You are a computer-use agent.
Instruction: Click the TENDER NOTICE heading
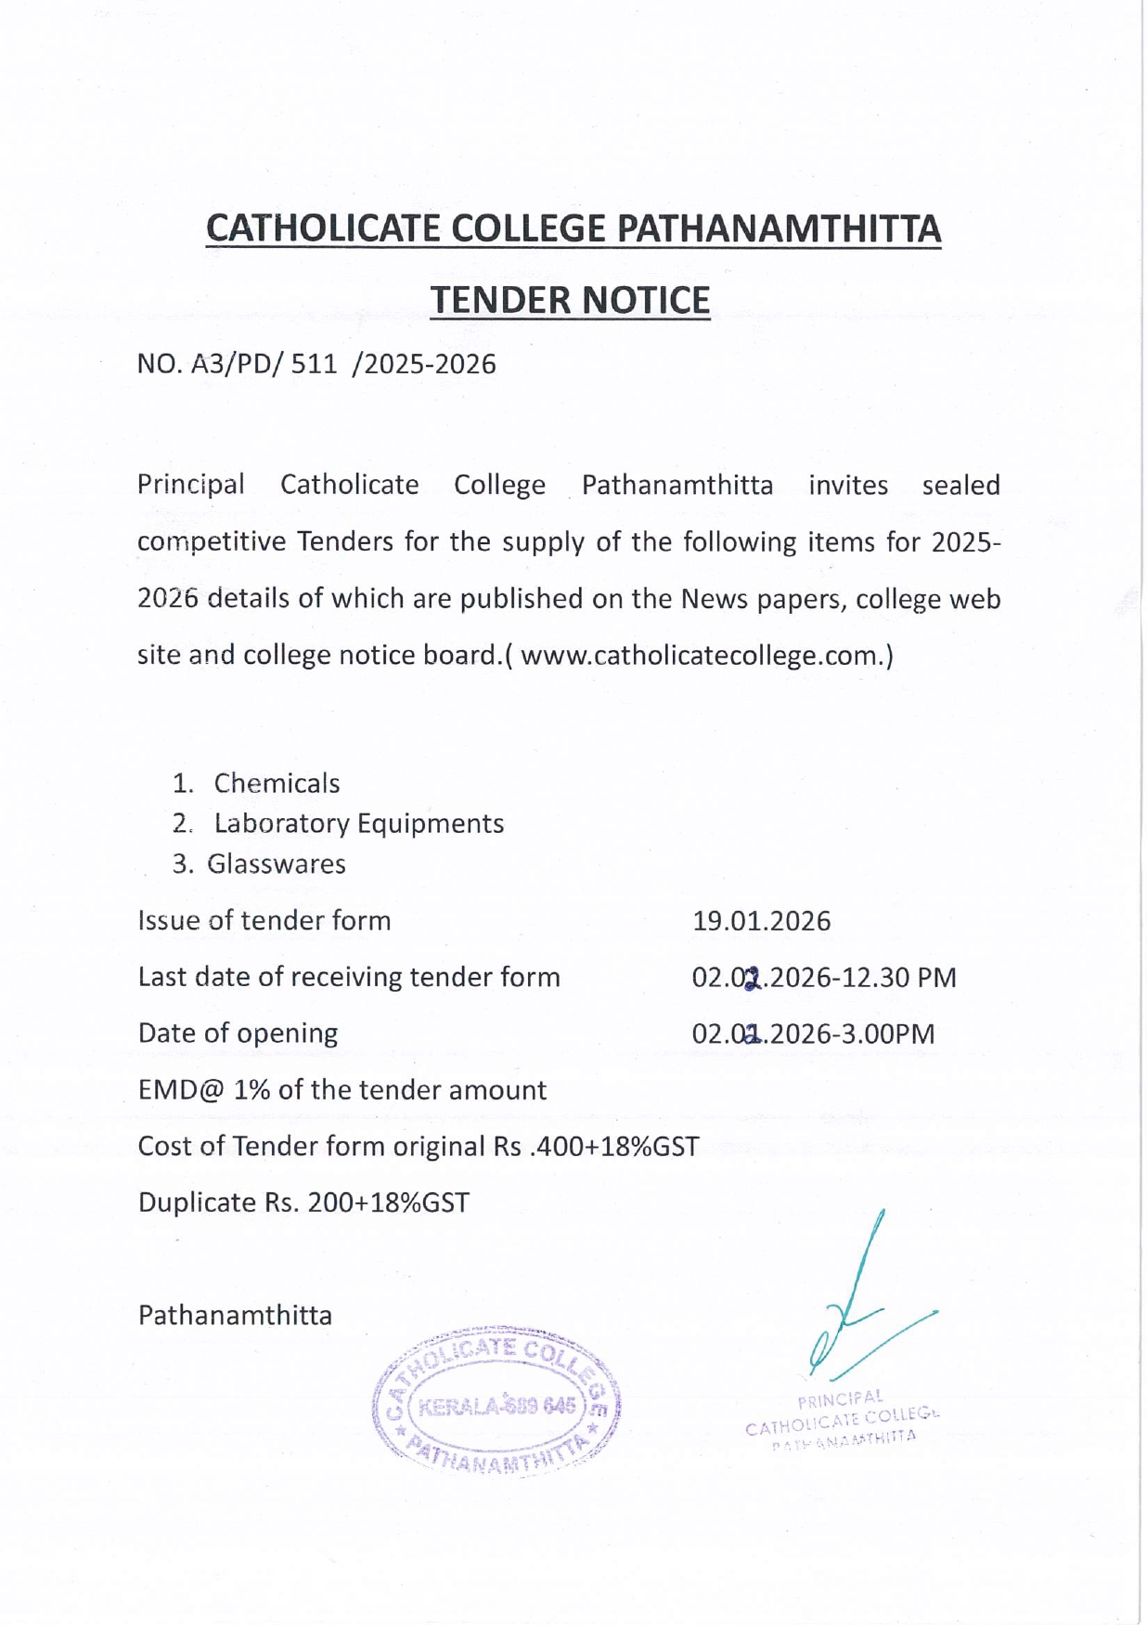[x=570, y=300]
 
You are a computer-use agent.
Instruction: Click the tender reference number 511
[x=314, y=364]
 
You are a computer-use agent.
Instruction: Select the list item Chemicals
[x=277, y=784]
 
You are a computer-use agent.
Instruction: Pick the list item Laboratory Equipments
[x=358, y=824]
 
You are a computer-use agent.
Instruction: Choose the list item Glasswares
[x=276, y=864]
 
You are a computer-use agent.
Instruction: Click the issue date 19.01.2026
[x=761, y=921]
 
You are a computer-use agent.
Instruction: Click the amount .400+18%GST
[x=613, y=1147]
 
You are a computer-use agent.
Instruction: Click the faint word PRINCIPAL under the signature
[x=840, y=1398]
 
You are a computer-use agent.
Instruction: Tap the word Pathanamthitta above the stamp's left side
[x=235, y=1316]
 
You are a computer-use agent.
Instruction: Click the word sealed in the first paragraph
[x=960, y=486]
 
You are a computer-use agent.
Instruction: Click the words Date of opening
[x=238, y=1033]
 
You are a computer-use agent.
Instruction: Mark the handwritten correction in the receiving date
[x=753, y=978]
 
